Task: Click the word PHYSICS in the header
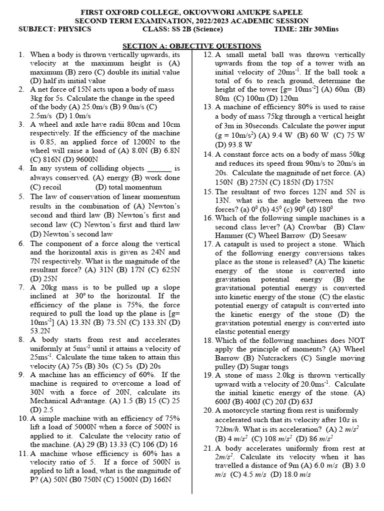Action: click(x=72, y=29)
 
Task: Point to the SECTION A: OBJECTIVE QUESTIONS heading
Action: click(x=192, y=46)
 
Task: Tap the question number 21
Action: click(x=207, y=449)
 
